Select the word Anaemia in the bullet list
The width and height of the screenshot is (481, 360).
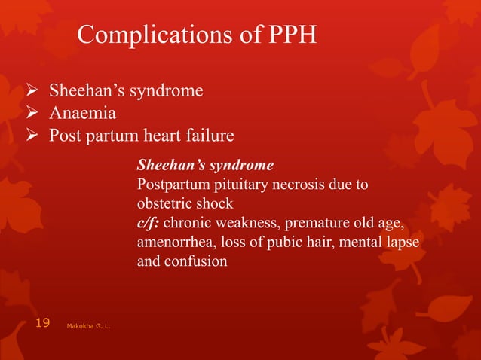point(82,114)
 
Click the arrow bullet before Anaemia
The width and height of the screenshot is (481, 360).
point(32,114)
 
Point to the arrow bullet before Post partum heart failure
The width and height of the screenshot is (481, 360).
point(32,136)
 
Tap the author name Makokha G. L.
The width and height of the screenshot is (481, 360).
point(90,326)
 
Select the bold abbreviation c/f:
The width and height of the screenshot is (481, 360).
point(148,224)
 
